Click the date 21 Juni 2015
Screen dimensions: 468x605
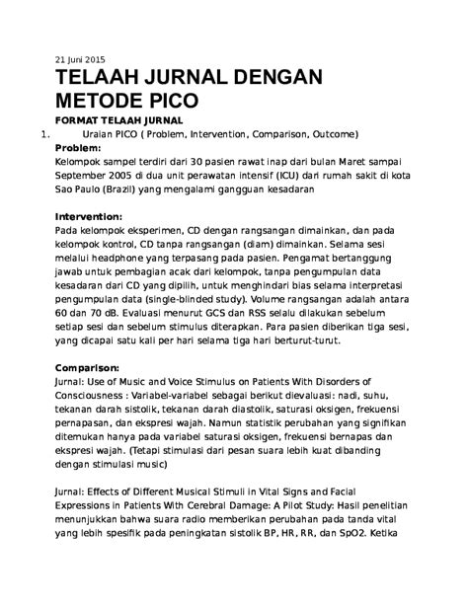coord(79,58)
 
